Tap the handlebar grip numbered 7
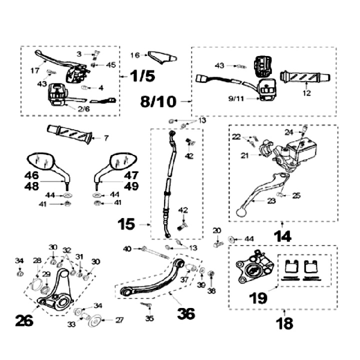pos(69,133)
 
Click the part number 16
pos(135,55)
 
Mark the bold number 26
pos(23,320)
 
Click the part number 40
pos(127,248)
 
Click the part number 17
pos(34,70)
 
